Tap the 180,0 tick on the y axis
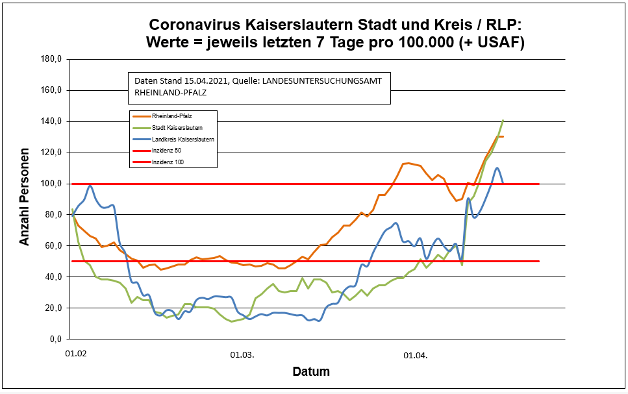(51, 59)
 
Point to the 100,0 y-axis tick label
(51, 184)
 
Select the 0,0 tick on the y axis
(53, 339)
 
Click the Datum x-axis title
(310, 372)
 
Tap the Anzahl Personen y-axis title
(25, 199)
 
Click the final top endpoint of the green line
(503, 120)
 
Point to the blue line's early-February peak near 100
(90, 186)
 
